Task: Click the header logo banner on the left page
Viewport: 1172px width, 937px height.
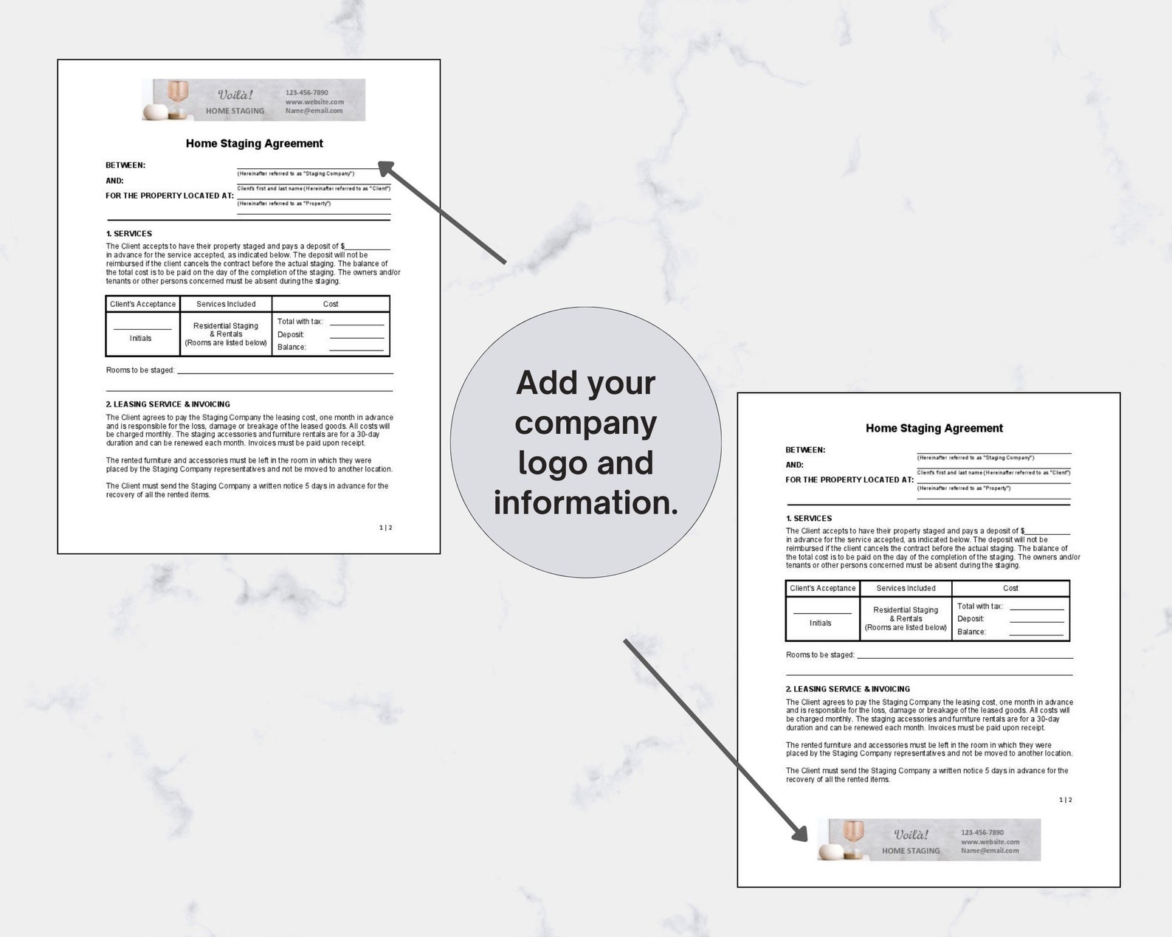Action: (x=253, y=100)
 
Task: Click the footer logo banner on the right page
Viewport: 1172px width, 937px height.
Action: (x=928, y=840)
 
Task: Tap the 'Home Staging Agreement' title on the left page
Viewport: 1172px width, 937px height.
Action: (x=254, y=144)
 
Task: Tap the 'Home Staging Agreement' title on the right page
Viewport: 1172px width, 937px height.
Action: (x=934, y=428)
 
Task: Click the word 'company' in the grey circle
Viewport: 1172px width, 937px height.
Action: (x=585, y=423)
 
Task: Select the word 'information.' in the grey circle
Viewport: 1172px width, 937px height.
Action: (x=585, y=503)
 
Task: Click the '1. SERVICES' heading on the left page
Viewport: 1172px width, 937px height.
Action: (x=128, y=234)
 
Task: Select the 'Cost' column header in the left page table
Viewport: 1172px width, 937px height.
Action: (x=331, y=304)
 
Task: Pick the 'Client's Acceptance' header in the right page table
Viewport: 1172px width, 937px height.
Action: (x=822, y=589)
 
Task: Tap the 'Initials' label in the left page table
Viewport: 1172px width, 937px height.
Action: (x=140, y=339)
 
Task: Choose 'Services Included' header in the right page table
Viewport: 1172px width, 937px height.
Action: (x=906, y=589)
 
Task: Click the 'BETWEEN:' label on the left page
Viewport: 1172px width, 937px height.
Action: (x=125, y=165)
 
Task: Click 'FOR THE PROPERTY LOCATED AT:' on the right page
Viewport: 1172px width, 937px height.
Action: (x=849, y=480)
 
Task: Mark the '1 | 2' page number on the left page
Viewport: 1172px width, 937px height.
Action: (x=385, y=528)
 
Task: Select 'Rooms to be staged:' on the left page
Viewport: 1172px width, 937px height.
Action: (x=140, y=370)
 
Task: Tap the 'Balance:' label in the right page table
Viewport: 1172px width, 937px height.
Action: (x=971, y=632)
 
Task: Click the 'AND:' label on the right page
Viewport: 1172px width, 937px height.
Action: (x=794, y=465)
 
